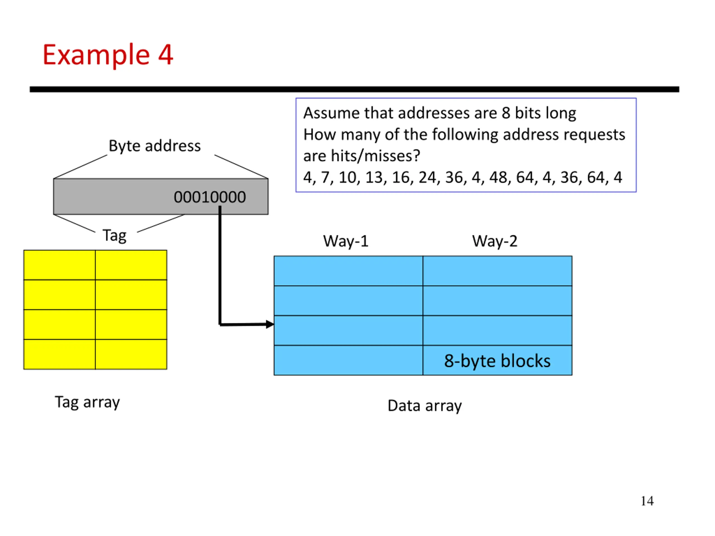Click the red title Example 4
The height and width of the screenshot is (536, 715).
pyautogui.click(x=108, y=55)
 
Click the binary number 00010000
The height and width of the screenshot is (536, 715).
pyautogui.click(x=210, y=197)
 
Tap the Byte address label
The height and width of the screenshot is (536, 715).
pyautogui.click(x=154, y=146)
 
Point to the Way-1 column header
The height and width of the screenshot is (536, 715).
pyautogui.click(x=346, y=241)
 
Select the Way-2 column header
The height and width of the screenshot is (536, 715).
pyautogui.click(x=495, y=241)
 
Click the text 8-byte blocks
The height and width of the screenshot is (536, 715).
pyautogui.click(x=497, y=361)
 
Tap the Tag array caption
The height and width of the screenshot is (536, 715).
pyautogui.click(x=87, y=402)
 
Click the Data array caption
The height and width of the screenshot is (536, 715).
pyautogui.click(x=425, y=406)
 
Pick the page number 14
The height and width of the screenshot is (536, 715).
pyautogui.click(x=647, y=501)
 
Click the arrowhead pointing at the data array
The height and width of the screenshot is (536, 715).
pyautogui.click(x=270, y=324)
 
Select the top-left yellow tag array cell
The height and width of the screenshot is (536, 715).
pyautogui.click(x=59, y=265)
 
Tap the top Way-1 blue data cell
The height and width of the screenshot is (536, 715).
pyautogui.click(x=349, y=271)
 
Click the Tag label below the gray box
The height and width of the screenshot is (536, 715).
pyautogui.click(x=115, y=236)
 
